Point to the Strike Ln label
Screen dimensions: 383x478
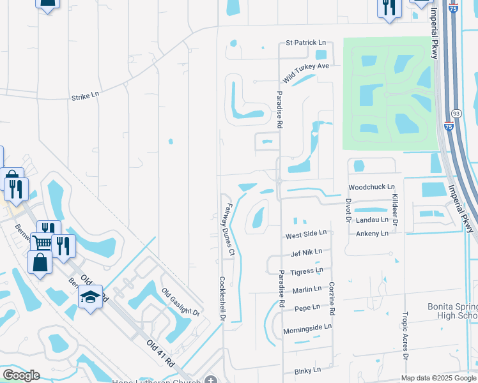point(85,95)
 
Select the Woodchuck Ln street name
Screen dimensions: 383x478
point(368,187)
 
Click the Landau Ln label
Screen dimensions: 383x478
point(372,220)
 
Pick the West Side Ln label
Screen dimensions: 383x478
point(306,234)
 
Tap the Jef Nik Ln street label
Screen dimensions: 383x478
point(306,253)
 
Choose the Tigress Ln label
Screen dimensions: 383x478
point(306,271)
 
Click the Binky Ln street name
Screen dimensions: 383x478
point(306,371)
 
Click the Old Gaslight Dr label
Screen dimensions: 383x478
point(181,302)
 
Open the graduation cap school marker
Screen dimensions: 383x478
point(90,297)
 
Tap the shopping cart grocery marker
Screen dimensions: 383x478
point(42,242)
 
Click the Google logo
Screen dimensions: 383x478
point(20,375)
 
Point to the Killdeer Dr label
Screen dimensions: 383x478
point(395,209)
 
